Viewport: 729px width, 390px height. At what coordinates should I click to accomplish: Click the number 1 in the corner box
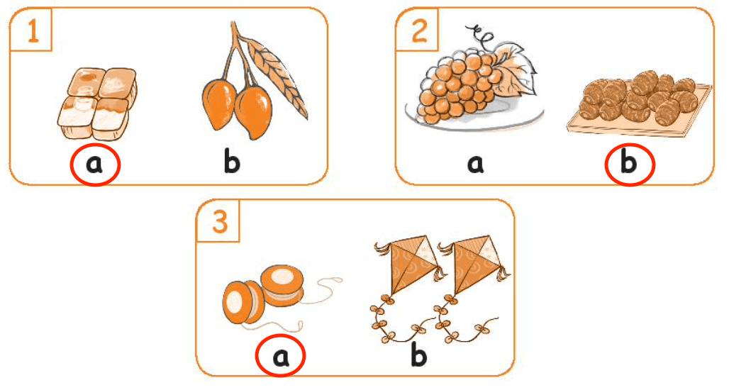[33, 31]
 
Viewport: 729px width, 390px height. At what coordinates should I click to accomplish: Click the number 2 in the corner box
[419, 31]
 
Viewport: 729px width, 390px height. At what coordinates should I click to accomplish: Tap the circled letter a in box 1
[95, 164]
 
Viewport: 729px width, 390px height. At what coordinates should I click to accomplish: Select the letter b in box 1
[232, 162]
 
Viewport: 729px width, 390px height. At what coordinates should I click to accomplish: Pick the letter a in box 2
[475, 164]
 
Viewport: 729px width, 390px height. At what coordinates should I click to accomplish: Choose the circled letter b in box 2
[628, 162]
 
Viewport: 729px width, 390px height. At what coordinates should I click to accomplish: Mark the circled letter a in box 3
[280, 357]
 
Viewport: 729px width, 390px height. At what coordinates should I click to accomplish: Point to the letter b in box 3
[419, 355]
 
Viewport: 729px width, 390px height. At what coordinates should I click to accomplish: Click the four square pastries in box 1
[98, 104]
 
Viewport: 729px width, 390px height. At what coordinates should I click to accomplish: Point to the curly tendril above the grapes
[479, 35]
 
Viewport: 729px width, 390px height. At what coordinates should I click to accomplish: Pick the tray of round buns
[639, 104]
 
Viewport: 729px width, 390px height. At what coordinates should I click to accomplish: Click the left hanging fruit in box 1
[219, 105]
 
